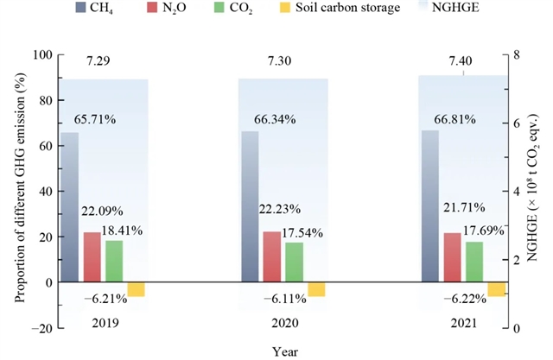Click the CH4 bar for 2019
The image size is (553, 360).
(69, 207)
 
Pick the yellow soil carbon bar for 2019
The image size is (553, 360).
(136, 289)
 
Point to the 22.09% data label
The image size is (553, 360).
(101, 211)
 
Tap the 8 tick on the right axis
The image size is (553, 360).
(517, 55)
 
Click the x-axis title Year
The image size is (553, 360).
(282, 350)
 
